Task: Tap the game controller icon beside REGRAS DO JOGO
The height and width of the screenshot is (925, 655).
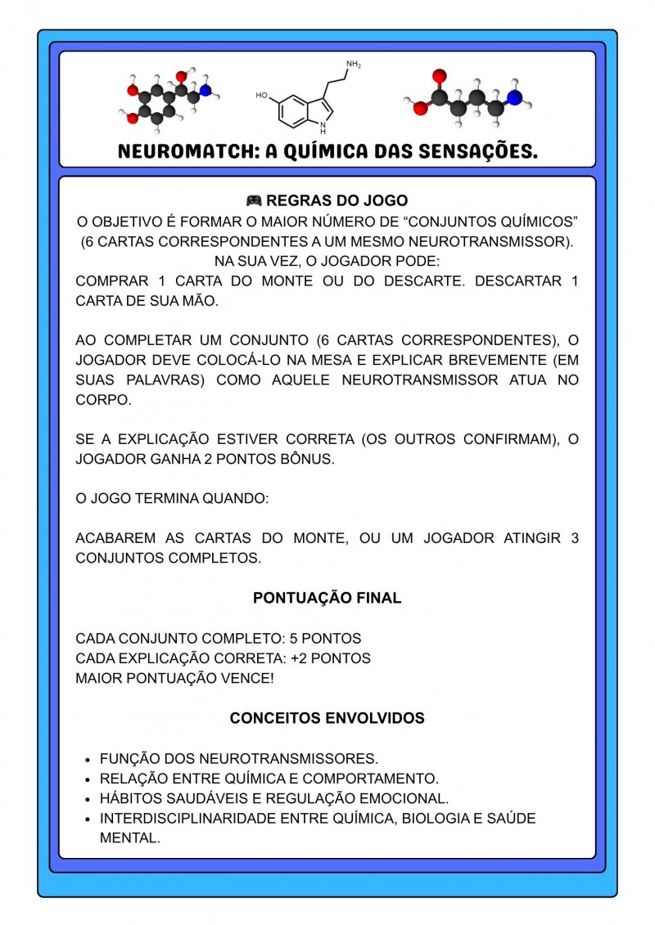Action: coord(254,200)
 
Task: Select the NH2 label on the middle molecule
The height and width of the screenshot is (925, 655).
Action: coord(353,65)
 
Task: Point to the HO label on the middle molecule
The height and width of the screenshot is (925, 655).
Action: coord(261,96)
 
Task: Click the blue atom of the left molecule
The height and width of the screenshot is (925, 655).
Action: coord(205,90)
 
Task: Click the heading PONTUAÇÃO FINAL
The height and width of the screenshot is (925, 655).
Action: coord(327,598)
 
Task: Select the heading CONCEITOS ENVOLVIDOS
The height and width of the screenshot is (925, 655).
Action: coord(327,718)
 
